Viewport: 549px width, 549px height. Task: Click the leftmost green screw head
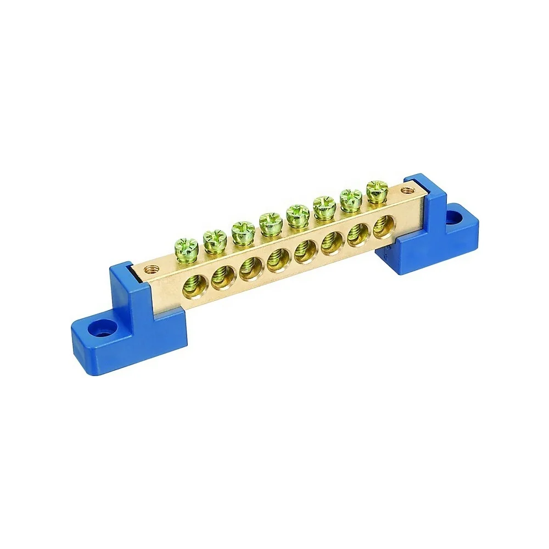click(187, 247)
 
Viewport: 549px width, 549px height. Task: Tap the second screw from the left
click(215, 238)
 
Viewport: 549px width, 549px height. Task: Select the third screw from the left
click(243, 230)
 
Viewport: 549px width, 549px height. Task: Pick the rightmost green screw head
click(377, 189)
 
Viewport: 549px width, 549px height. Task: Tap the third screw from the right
click(324, 205)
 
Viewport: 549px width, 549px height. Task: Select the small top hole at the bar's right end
click(406, 190)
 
